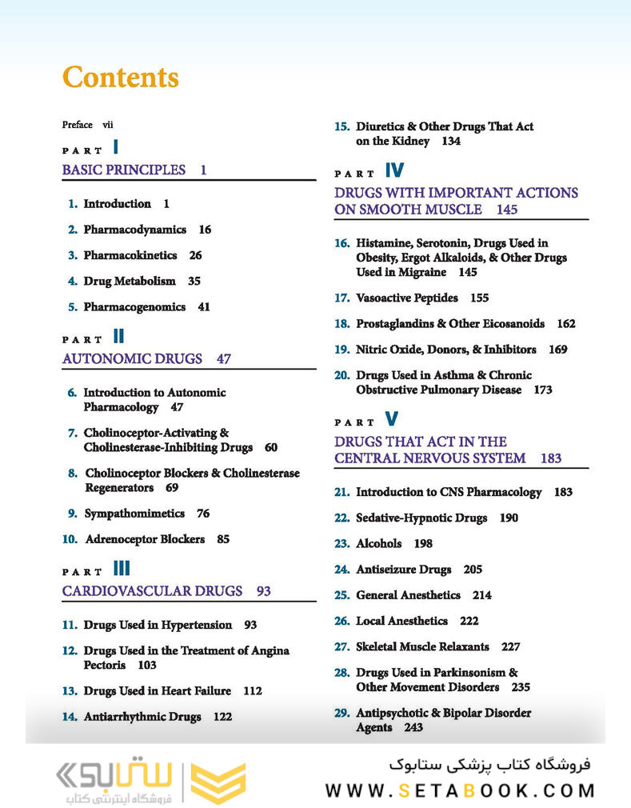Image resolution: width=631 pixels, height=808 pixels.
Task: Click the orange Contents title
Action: click(x=121, y=78)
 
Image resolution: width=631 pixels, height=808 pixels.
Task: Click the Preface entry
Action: click(x=77, y=125)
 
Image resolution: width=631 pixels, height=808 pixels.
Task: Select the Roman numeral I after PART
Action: click(x=116, y=146)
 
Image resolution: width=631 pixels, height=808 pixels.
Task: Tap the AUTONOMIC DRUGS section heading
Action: click(x=132, y=359)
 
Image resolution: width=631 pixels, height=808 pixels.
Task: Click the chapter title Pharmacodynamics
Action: click(x=134, y=230)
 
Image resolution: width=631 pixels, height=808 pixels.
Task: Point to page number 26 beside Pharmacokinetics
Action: click(x=195, y=256)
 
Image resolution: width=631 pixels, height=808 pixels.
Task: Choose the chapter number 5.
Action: click(x=73, y=307)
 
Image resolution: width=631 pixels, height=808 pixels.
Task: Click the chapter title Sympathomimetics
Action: click(x=134, y=514)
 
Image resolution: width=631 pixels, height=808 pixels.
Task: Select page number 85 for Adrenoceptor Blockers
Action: click(x=223, y=539)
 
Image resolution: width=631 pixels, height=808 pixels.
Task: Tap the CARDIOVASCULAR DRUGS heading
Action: click(x=152, y=591)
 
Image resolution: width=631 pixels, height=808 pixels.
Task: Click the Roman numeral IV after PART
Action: click(x=394, y=170)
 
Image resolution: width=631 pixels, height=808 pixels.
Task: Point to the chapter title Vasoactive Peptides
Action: click(x=407, y=298)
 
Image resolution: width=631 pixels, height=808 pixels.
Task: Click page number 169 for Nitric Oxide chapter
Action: click(x=558, y=350)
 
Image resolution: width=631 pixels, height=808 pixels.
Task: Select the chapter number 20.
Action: click(x=341, y=375)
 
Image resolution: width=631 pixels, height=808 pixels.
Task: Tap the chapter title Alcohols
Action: click(x=379, y=544)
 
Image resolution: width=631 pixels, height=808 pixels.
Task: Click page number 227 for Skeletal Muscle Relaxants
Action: click(x=511, y=646)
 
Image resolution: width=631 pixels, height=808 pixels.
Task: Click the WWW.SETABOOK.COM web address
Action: click(x=460, y=791)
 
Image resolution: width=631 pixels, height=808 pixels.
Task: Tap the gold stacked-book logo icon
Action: click(x=218, y=782)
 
